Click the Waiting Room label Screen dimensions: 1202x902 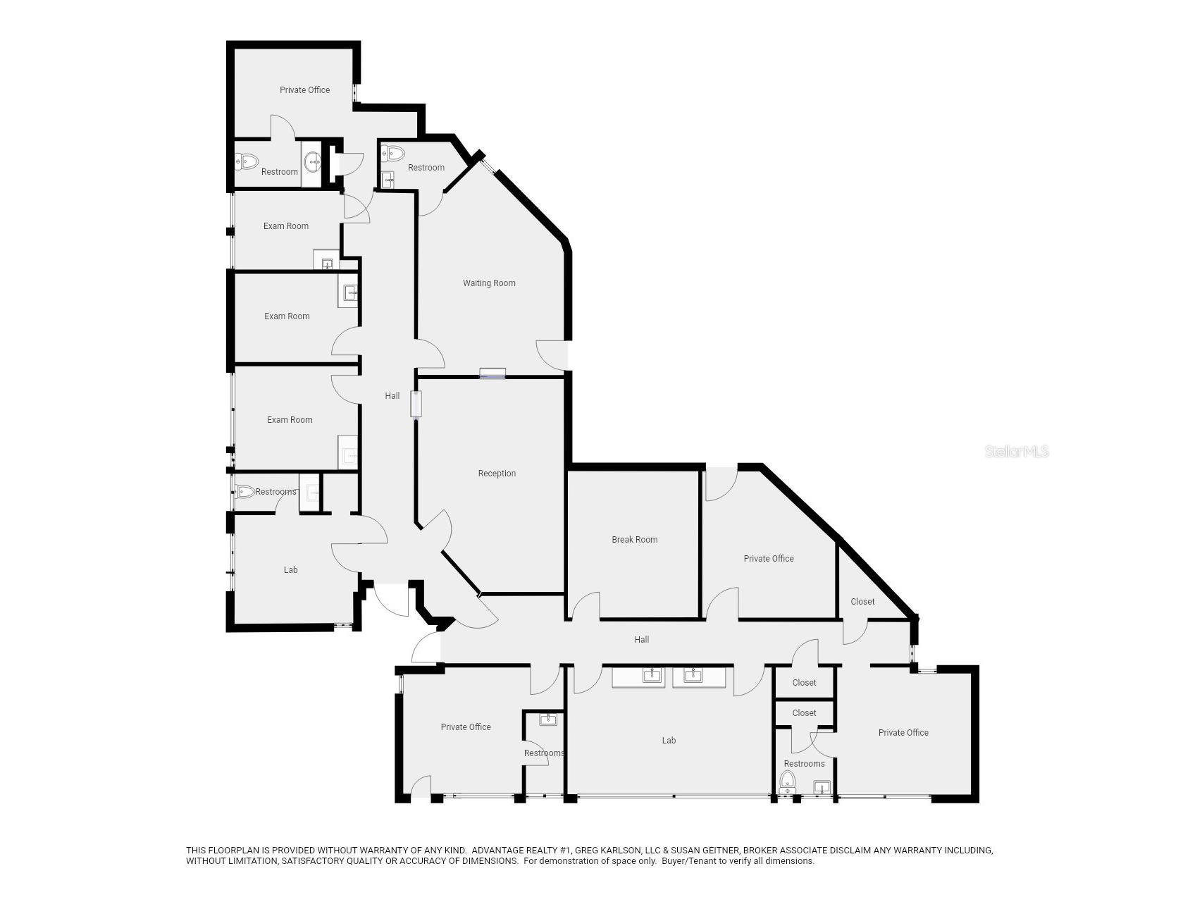point(489,283)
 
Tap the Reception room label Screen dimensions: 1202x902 point(497,474)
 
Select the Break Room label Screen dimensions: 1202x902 point(634,540)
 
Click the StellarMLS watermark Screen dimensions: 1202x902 point(1017,451)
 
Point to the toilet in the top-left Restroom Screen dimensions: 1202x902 point(247,161)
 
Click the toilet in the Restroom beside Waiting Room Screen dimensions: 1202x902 point(393,153)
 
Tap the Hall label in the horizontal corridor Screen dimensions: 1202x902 point(641,640)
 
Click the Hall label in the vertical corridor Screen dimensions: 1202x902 point(392,396)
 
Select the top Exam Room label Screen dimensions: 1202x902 point(286,226)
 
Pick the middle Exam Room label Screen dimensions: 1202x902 point(287,316)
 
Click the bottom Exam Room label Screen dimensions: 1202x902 point(290,420)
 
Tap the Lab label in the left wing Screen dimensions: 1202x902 point(290,570)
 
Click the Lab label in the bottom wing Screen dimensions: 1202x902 point(669,741)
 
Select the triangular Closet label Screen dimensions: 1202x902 point(862,602)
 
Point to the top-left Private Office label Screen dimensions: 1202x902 point(304,90)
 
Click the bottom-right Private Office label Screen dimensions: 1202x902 point(903,733)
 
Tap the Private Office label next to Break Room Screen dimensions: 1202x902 point(769,559)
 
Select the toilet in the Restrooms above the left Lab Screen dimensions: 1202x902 point(245,492)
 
